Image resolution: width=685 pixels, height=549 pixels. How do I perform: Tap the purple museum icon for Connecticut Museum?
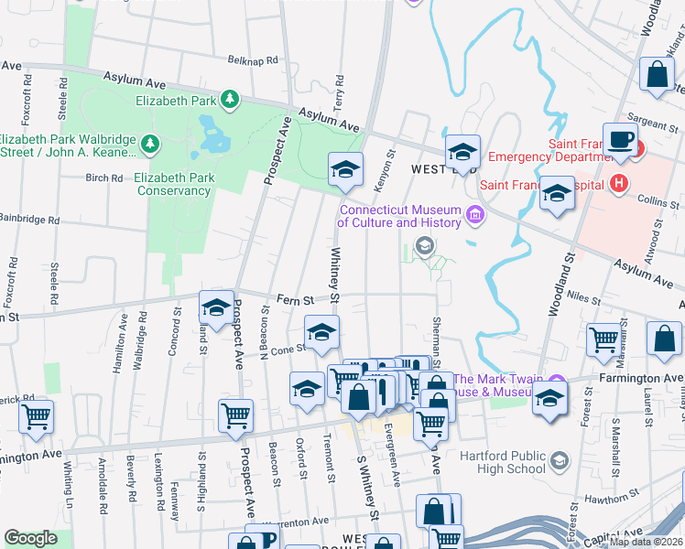coord(474,216)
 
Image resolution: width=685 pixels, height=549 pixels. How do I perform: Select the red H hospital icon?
coord(620,183)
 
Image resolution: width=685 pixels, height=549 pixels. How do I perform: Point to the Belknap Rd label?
coord(252,60)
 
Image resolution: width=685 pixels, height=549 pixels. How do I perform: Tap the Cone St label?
coord(287,349)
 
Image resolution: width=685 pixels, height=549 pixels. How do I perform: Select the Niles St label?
coord(582,296)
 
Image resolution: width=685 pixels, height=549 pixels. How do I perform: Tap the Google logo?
coord(30,538)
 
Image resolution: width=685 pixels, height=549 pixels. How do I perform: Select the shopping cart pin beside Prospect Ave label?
coord(235,416)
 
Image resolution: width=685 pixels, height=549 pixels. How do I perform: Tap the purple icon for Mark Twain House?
coord(556,381)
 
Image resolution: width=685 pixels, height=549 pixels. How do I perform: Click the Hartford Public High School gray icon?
coord(559,462)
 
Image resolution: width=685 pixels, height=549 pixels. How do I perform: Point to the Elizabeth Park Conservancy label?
coord(173,184)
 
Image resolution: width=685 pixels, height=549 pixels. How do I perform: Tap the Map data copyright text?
coord(646,542)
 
